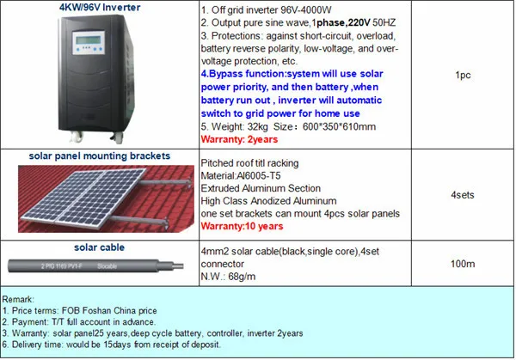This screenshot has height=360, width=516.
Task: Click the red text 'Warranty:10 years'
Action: (242, 226)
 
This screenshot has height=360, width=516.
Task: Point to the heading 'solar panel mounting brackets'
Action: (98, 156)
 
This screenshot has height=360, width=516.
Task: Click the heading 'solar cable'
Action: (99, 247)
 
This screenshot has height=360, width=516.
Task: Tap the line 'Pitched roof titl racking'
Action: (249, 162)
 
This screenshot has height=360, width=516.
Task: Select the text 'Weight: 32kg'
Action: (240, 126)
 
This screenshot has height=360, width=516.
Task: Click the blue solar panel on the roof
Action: (64, 202)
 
